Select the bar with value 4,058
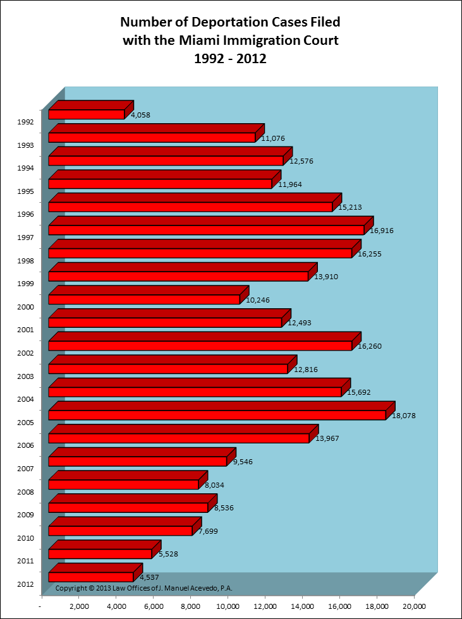87,114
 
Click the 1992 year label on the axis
25,122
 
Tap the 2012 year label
25,585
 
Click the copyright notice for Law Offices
144,588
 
